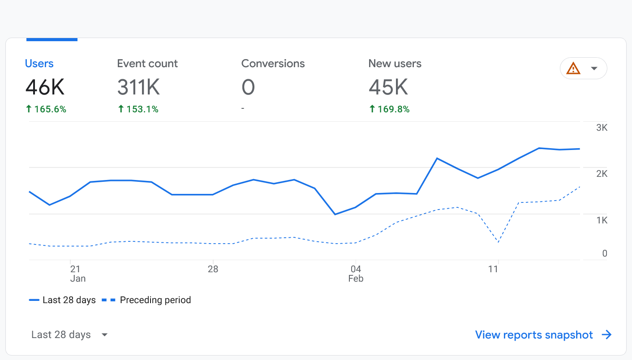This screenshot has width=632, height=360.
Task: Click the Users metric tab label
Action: (x=39, y=64)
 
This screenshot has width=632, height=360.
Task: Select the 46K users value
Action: (x=45, y=87)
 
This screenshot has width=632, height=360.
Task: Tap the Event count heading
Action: (x=147, y=64)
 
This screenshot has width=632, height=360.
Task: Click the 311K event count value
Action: (x=138, y=87)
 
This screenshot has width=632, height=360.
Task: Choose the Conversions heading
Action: (x=273, y=64)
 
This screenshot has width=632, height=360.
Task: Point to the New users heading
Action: (x=395, y=64)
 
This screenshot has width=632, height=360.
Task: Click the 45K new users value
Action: (x=388, y=87)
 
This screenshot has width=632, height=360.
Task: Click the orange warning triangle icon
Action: (x=573, y=69)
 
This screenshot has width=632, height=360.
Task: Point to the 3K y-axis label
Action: (x=602, y=128)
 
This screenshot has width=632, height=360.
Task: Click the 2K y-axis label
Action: (x=602, y=174)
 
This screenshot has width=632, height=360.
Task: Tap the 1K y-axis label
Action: (x=602, y=220)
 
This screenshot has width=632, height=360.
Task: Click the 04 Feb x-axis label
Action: (x=356, y=274)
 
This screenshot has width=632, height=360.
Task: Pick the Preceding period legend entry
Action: (x=155, y=300)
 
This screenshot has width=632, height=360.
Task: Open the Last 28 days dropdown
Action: (x=69, y=335)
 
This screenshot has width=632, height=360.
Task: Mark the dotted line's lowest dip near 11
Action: (x=498, y=242)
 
